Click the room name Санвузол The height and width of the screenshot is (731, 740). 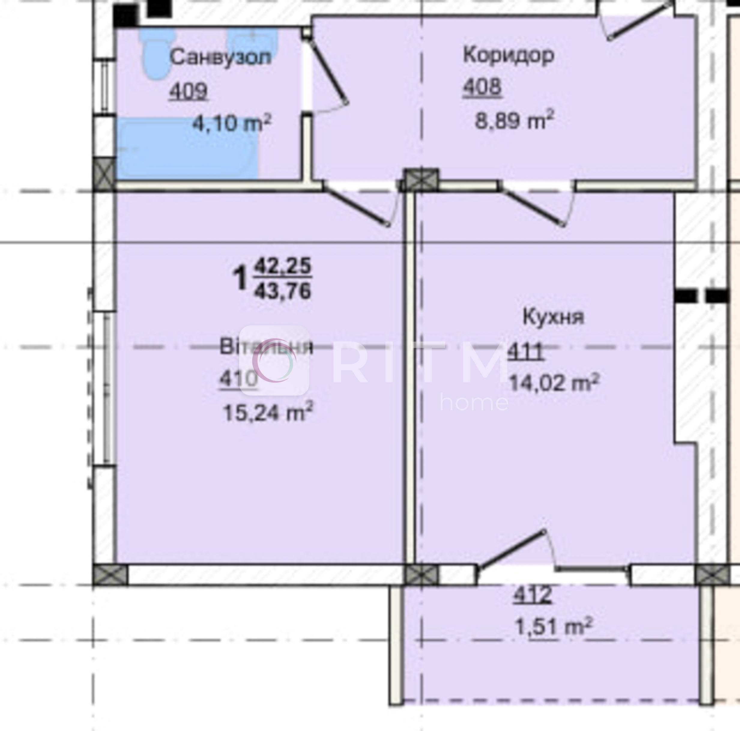[x=220, y=57]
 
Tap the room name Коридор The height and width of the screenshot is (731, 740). [x=509, y=55]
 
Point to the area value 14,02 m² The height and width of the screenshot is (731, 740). [x=554, y=383]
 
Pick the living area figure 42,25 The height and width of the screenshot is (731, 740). [x=283, y=266]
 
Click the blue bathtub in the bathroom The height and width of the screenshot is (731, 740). [x=187, y=149]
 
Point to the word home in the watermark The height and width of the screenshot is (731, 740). [x=474, y=402]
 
